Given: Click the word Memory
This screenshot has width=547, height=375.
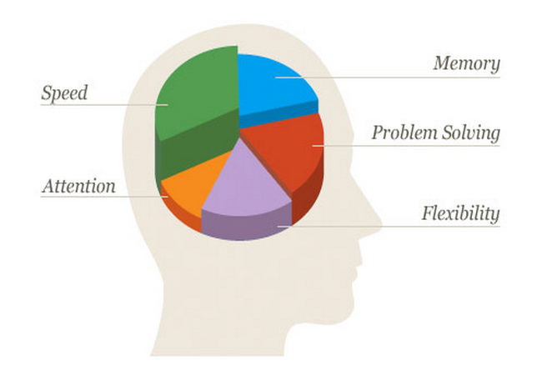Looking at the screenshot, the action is coord(467,64).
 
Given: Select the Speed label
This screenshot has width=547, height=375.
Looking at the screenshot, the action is coord(64,93).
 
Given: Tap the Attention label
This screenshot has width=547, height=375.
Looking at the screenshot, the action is coord(79,186).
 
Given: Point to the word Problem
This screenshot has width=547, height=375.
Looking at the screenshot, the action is coord(404,132).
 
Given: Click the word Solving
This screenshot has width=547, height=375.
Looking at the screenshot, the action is coord(470,133).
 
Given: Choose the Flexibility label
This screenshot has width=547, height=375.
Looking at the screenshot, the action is coord(461,213).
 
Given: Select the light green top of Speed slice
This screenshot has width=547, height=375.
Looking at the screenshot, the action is coord(195,92).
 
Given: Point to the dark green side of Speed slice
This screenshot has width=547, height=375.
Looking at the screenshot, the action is coord(195,147).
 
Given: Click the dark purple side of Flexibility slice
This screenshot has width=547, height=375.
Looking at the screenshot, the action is coord(246,227).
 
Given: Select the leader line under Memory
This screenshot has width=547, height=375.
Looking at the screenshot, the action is coord(388,77).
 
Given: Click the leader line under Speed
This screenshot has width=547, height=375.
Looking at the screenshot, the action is coord(104,104).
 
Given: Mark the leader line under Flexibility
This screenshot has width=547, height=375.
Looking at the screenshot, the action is coord(389,227).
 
